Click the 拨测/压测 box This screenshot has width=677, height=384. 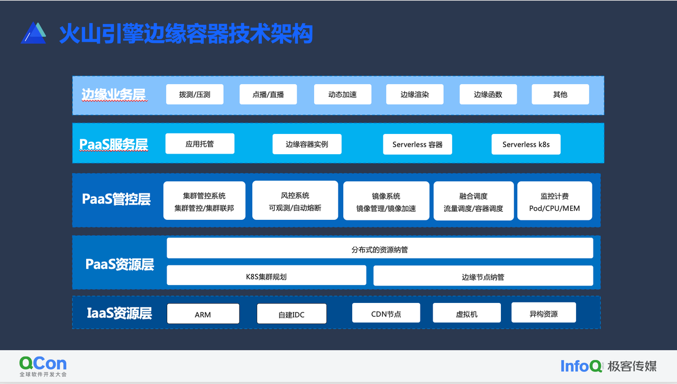pos(195,94)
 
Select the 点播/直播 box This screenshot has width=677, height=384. pos(268,94)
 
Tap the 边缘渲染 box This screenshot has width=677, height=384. pos(415,94)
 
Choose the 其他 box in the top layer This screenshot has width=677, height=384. pos(560,94)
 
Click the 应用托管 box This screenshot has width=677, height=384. pos(200,144)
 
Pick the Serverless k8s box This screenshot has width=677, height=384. pos(526,145)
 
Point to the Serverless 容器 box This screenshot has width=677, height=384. pos(417,145)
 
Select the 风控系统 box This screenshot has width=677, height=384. pos(295,200)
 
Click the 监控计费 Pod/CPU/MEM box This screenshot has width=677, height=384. pos(555,201)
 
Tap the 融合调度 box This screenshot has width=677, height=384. pos(473,201)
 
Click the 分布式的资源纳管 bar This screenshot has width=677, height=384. pos(380,248)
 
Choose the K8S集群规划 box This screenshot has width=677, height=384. pos(266,275)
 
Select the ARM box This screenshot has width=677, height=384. pos(203,314)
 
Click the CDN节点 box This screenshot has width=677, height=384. pos(386,313)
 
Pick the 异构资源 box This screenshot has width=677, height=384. pos(543,312)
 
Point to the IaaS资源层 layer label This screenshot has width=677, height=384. pos(120,313)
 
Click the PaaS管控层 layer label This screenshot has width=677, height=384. pos(116,199)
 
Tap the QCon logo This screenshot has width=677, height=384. pos(43,366)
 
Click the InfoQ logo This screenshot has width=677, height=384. pos(581,366)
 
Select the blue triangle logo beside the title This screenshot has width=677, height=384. pos(33,33)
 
